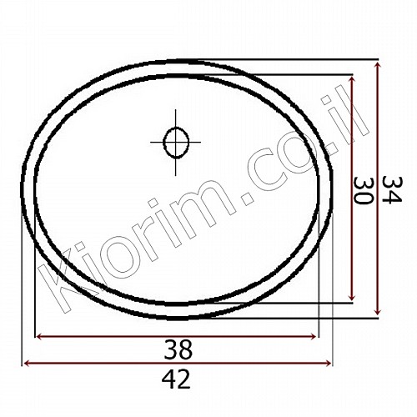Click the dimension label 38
[178, 349]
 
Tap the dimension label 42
[176, 379]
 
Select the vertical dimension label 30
[363, 191]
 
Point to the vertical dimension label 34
[392, 189]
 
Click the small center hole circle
[176, 143]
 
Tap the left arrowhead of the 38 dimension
[38, 337]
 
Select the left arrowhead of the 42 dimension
[27, 363]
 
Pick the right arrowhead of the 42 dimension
[329, 363]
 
